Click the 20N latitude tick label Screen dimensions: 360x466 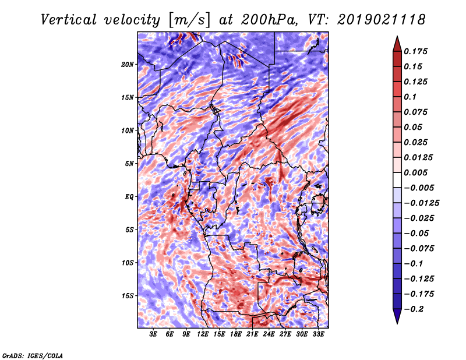(128, 64)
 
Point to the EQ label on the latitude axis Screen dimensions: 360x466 (129, 197)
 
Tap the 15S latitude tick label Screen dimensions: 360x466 (128, 296)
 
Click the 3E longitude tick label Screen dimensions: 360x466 (154, 334)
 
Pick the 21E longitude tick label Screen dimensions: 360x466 (252, 334)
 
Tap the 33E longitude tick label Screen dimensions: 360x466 (318, 334)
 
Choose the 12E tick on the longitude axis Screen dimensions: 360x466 (203, 334)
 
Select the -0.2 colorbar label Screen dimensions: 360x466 (416, 309)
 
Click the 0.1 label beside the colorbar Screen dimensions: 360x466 (412, 97)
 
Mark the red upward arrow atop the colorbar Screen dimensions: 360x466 (396, 43)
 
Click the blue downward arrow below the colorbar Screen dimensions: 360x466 (396, 317)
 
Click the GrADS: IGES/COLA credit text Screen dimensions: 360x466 (32, 354)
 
